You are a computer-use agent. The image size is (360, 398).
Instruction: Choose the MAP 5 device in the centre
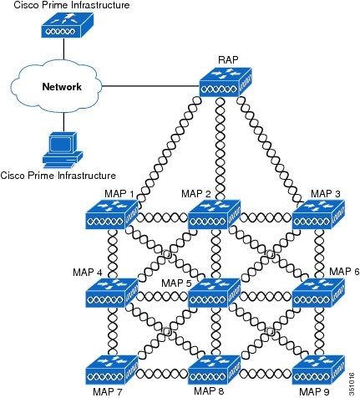point(215,293)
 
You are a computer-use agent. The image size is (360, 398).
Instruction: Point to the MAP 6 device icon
point(317,293)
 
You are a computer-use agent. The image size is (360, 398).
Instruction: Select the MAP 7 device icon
point(112,370)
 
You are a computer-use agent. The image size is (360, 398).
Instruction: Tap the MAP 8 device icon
point(215,370)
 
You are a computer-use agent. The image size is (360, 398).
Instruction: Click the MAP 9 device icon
point(317,370)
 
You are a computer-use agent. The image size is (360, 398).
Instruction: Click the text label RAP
point(228,59)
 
